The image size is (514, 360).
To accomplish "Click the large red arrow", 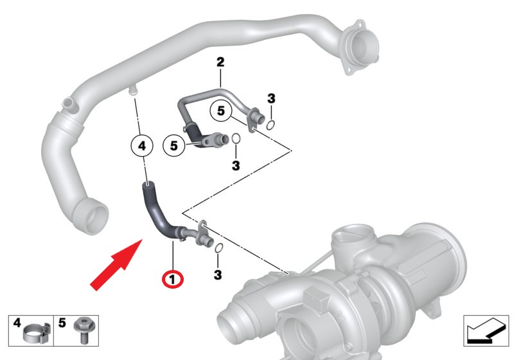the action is click(x=116, y=265).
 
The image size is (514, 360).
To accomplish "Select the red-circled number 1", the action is click(x=173, y=280).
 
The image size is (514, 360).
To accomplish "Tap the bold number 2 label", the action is click(x=220, y=62).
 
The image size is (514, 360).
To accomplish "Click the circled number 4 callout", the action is click(x=142, y=145).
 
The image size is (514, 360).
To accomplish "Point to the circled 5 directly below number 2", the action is click(x=221, y=111).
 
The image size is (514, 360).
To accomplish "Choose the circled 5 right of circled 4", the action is click(x=174, y=145).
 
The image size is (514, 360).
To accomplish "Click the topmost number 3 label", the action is click(x=271, y=98).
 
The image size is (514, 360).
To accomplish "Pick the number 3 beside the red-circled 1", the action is click(x=218, y=274).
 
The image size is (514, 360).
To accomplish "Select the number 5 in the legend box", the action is click(x=62, y=323).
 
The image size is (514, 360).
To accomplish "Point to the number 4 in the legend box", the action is click(x=17, y=323).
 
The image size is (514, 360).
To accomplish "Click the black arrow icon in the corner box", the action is click(x=486, y=332).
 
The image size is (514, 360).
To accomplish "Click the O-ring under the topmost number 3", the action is click(x=270, y=125).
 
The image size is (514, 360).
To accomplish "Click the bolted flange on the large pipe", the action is click(x=359, y=48).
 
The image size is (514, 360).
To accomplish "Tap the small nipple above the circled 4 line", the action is click(x=133, y=91).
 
